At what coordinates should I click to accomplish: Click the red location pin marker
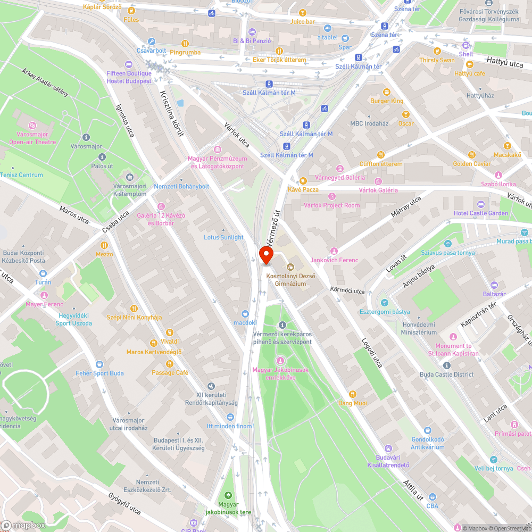click(266, 255)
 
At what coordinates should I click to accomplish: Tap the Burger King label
click(387, 101)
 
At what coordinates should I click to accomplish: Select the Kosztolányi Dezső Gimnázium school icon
click(290, 267)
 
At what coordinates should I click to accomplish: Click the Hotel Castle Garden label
click(481, 213)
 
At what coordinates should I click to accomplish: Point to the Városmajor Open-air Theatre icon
click(32, 126)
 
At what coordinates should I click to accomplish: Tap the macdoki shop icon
click(245, 314)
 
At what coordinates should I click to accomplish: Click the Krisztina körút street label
click(171, 113)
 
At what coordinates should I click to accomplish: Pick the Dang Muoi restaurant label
click(353, 403)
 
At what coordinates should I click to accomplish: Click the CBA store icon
click(432, 496)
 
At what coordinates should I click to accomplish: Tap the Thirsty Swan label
click(437, 60)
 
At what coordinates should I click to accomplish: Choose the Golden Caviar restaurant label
click(472, 164)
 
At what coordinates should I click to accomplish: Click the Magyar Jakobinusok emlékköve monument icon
click(281, 361)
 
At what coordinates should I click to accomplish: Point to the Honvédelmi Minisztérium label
click(419, 328)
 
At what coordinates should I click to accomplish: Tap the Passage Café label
click(170, 373)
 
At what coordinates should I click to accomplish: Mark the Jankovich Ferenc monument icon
click(334, 251)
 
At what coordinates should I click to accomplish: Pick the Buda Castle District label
click(446, 374)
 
